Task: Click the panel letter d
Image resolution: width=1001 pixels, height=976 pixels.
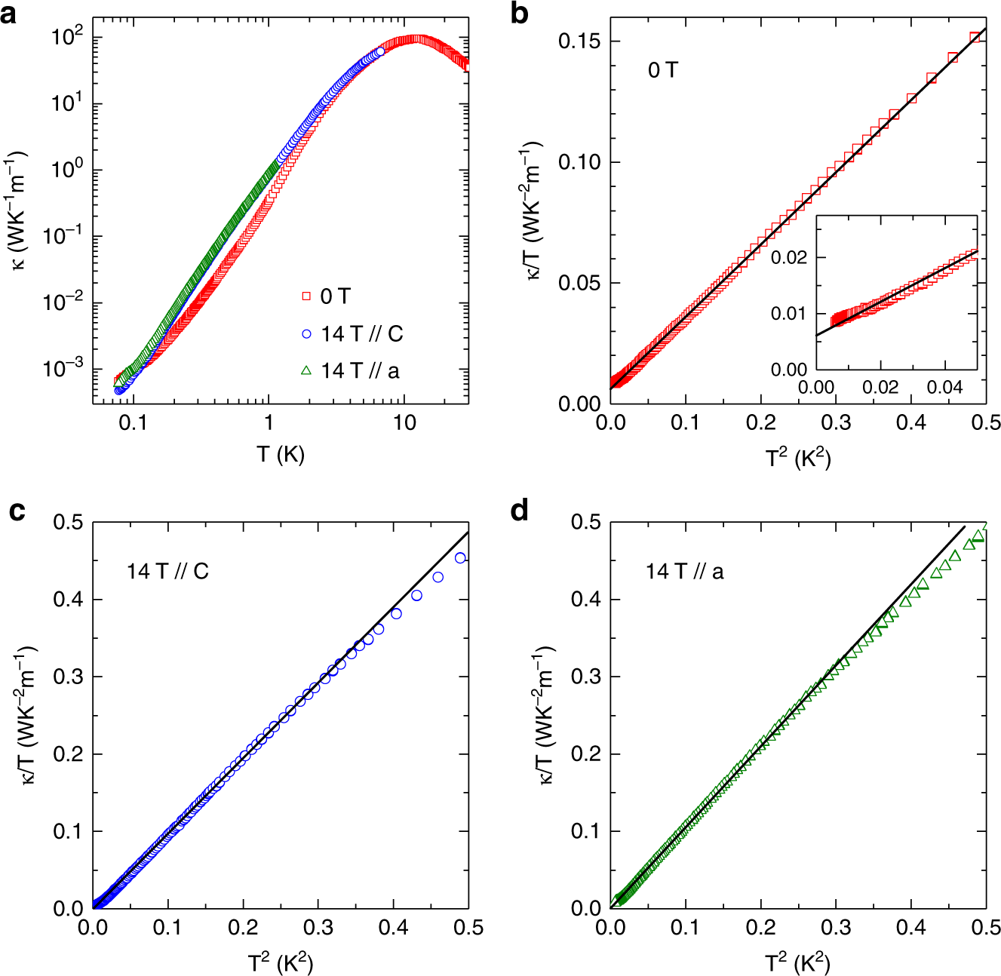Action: tap(520, 511)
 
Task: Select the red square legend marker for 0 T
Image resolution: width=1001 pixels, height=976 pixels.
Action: tap(306, 296)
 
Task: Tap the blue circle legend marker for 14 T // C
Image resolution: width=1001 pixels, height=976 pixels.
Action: tap(306, 333)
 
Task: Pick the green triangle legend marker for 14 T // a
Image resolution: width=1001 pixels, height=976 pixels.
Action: tap(306, 370)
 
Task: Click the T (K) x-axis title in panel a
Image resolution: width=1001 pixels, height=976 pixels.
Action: tap(280, 454)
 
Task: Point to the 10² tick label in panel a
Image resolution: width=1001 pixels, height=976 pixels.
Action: tap(66, 37)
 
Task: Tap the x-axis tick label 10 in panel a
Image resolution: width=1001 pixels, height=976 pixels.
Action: tap(404, 423)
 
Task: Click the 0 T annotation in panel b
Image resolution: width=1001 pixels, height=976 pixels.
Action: tap(663, 70)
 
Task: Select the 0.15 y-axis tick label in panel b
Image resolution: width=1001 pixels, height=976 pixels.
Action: tap(579, 41)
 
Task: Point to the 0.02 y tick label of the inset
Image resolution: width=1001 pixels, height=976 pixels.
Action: tap(789, 258)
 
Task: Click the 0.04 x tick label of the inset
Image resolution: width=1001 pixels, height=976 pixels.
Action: tap(945, 388)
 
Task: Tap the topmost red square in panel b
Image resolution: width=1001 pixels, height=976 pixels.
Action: tap(975, 36)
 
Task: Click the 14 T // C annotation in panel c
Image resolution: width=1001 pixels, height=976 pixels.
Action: tap(167, 572)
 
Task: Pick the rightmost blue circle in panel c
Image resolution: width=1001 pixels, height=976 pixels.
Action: tap(460, 558)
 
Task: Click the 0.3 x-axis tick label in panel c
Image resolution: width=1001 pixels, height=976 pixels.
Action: tap(318, 928)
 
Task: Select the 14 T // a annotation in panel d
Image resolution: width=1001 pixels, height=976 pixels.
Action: tap(684, 572)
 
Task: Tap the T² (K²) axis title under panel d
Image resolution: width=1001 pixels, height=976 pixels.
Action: tap(798, 963)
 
